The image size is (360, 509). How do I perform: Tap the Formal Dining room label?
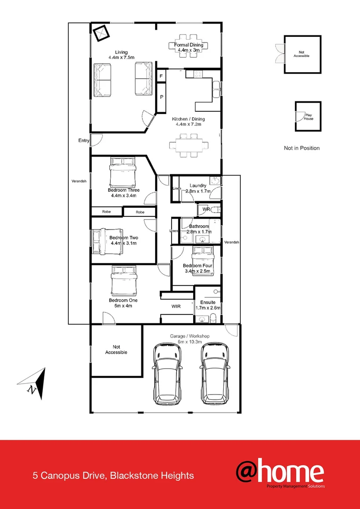pyautogui.click(x=188, y=45)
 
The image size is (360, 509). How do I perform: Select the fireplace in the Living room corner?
pyautogui.click(x=101, y=33)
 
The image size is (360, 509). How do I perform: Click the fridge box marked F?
pyautogui.click(x=161, y=76)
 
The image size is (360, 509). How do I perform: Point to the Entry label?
pyautogui.click(x=84, y=140)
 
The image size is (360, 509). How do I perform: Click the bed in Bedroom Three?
pyautogui.click(x=123, y=172)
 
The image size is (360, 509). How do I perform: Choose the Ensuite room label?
pyautogui.click(x=208, y=302)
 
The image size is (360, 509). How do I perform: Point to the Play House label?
pyautogui.click(x=309, y=116)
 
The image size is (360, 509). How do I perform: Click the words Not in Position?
pyautogui.click(x=302, y=148)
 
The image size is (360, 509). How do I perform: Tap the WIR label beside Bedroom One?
pyautogui.click(x=176, y=306)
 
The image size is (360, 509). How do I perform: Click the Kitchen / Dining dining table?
pyautogui.click(x=188, y=145)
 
